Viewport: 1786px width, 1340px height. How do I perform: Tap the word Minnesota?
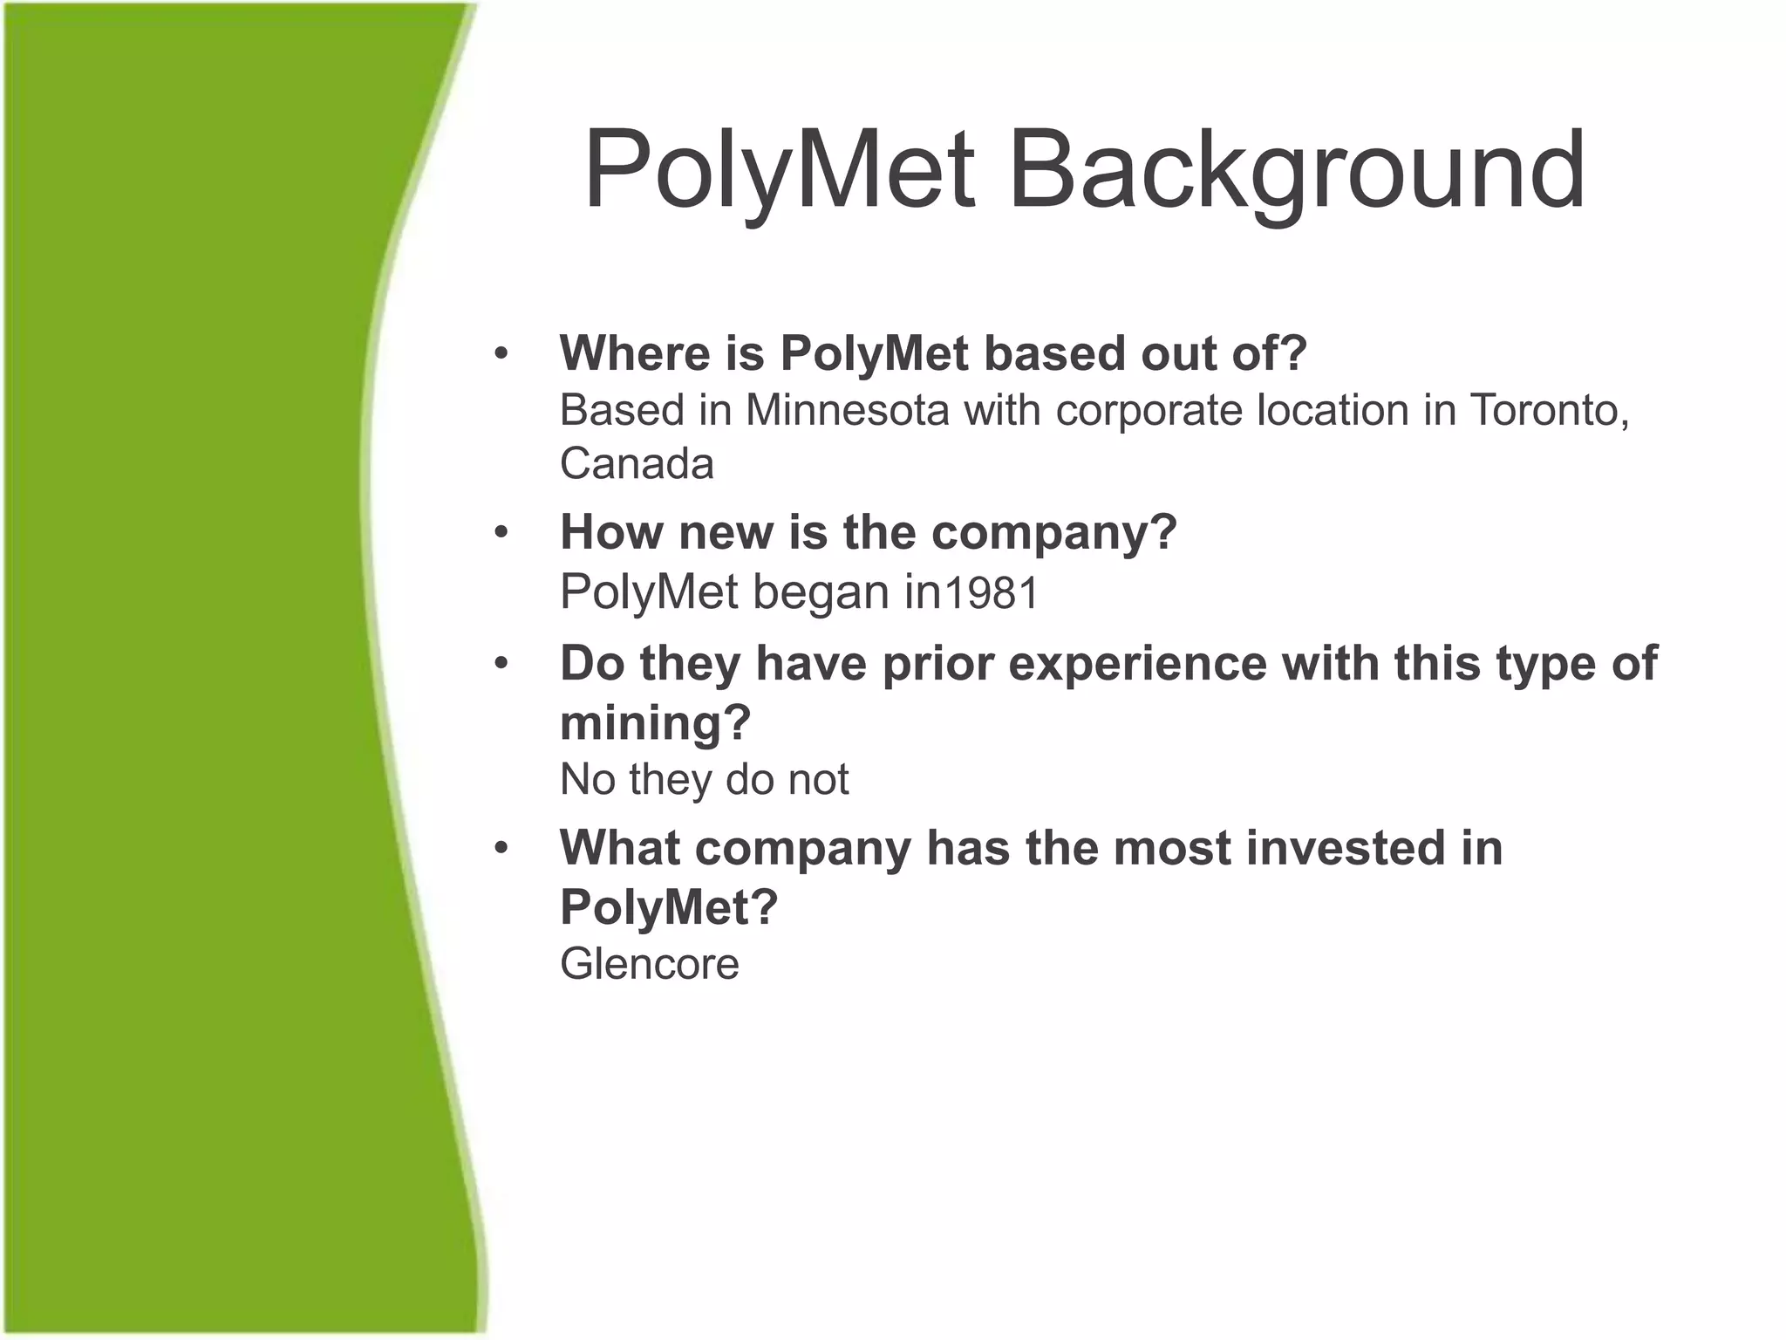point(846,410)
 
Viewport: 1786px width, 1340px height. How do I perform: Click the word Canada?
point(637,463)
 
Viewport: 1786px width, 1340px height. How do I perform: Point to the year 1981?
point(992,593)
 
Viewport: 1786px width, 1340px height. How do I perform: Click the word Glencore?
point(650,964)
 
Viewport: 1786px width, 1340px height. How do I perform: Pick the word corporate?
point(1149,412)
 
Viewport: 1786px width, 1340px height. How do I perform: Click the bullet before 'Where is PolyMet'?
point(501,354)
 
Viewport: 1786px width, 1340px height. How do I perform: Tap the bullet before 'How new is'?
point(501,532)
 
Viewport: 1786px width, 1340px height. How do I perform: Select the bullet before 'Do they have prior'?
point(501,664)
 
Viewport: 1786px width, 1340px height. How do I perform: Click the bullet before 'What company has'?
point(501,849)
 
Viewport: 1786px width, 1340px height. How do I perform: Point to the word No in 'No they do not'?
point(587,779)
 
